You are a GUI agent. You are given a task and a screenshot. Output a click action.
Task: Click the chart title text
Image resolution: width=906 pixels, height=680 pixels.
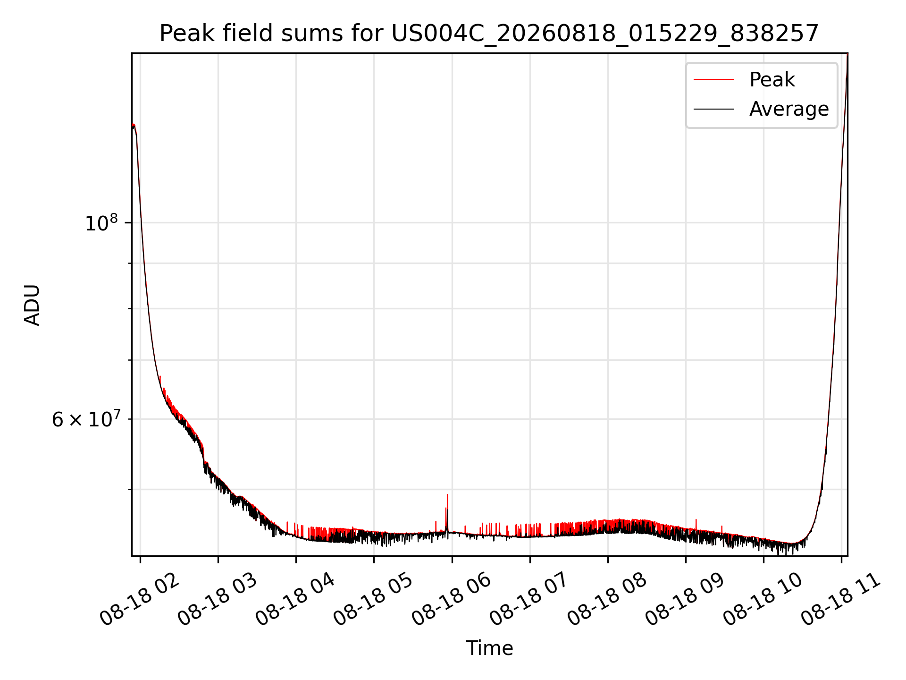489,34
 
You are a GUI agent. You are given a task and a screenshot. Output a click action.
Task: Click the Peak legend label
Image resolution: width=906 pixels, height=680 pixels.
772,80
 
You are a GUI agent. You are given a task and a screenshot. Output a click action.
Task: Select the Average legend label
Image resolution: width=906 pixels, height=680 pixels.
789,109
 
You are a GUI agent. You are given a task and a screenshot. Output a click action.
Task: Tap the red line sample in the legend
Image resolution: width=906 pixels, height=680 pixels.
713,80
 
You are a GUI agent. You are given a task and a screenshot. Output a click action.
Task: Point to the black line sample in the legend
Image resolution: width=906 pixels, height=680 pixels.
713,109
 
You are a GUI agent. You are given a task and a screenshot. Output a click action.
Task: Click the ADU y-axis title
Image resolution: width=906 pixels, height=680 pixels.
32,305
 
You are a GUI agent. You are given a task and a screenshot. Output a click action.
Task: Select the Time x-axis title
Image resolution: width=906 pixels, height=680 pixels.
489,648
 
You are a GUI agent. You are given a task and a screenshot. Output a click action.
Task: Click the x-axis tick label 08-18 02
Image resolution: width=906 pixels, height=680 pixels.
140,600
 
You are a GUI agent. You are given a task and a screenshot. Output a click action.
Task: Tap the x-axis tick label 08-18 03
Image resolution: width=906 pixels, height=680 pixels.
218,600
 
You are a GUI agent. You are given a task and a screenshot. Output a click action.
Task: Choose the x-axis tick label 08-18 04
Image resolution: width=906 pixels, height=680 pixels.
295,600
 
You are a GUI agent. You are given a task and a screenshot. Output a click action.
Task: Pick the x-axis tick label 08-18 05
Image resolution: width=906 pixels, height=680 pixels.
373,600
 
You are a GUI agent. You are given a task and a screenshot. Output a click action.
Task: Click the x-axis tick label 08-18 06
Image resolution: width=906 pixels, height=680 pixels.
451,600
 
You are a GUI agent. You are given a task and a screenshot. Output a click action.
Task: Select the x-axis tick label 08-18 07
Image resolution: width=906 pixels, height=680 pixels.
529,600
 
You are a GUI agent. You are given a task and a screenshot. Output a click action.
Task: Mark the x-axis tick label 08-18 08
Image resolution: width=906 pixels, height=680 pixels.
607,600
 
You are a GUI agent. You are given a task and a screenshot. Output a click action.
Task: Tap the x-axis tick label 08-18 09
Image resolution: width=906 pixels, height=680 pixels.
685,600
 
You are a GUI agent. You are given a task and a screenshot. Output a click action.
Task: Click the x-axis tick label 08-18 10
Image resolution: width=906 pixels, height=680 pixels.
763,600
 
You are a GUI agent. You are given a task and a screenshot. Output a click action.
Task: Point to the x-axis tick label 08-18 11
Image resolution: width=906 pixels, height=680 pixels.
840,600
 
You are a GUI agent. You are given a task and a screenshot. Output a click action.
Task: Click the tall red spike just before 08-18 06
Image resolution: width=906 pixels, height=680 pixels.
447,512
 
